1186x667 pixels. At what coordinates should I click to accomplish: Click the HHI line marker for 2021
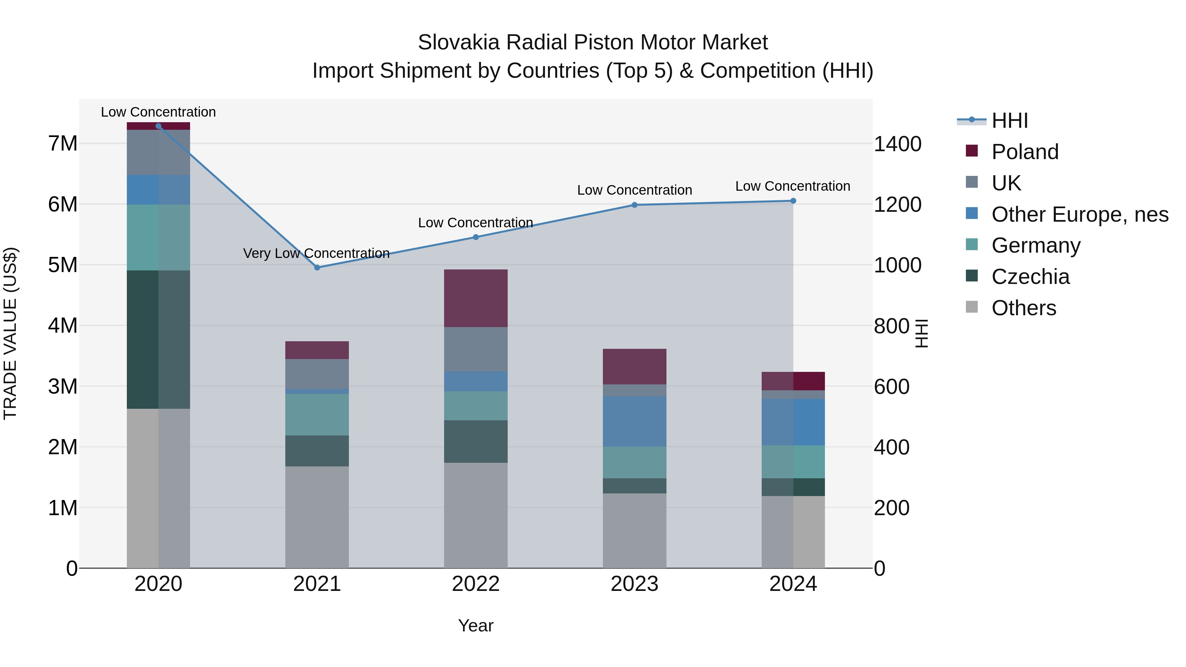point(317,267)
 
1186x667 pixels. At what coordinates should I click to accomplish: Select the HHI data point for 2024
point(793,201)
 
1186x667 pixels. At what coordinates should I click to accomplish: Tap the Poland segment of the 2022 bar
point(476,298)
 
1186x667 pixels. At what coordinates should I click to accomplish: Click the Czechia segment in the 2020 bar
point(158,339)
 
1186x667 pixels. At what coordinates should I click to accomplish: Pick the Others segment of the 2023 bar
point(635,531)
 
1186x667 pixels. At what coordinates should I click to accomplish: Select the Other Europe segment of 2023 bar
point(635,421)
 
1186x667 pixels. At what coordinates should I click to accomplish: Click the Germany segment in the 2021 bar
point(317,414)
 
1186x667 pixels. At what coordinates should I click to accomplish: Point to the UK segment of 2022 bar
point(476,349)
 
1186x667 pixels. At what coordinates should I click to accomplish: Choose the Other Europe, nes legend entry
point(1079,214)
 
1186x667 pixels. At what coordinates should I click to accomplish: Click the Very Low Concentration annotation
point(316,253)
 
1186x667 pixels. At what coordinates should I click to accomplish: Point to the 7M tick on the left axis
point(63,144)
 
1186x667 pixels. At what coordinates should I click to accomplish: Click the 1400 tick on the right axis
point(897,144)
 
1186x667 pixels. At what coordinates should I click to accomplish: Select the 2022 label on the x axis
point(476,584)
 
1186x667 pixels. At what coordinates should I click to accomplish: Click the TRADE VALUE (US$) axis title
point(11,333)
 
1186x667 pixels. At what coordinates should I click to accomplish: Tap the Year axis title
point(476,625)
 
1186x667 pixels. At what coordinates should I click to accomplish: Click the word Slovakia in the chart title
point(458,42)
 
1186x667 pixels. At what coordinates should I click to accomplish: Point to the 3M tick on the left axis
point(63,386)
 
